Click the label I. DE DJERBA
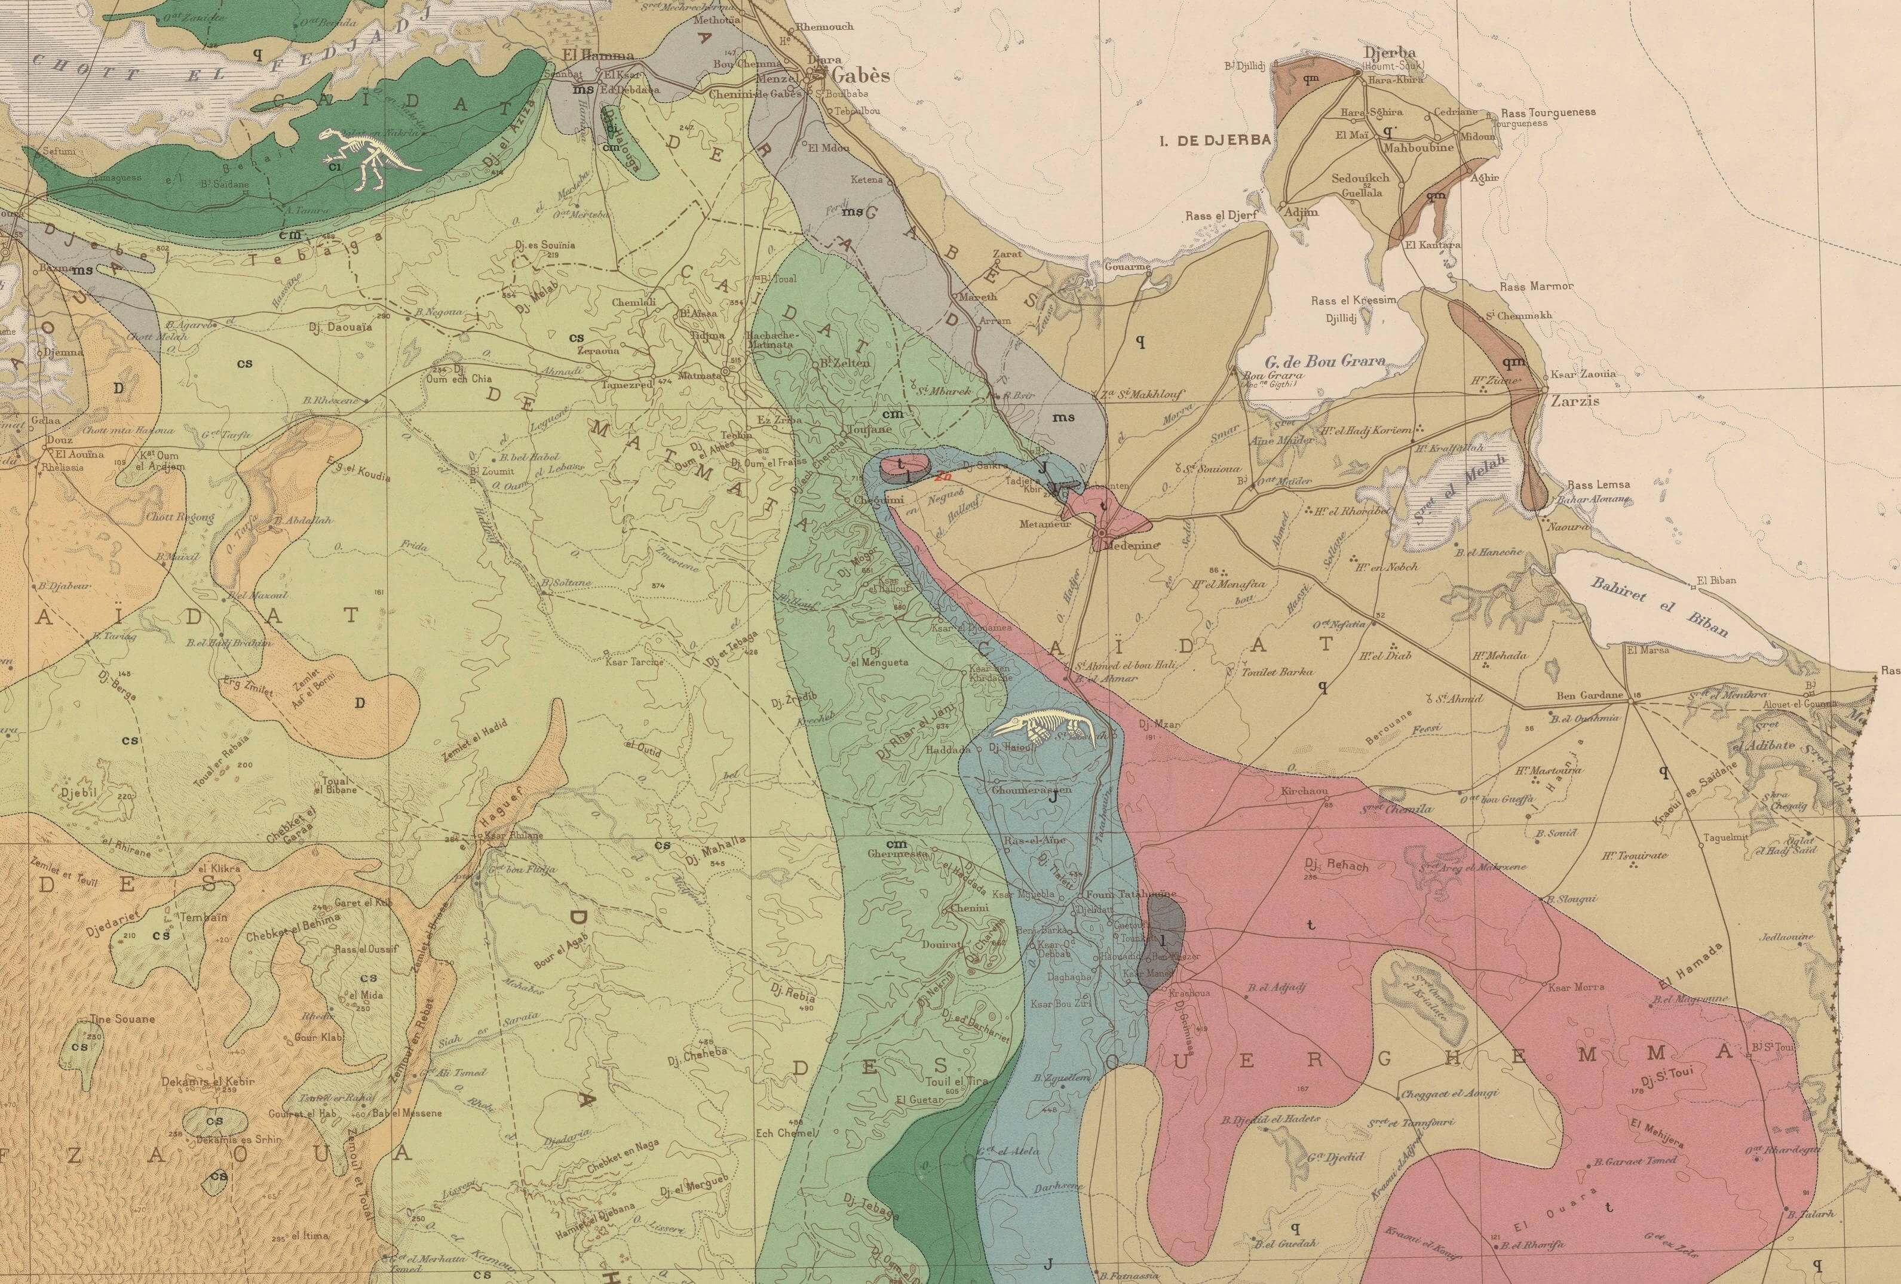pyautogui.click(x=1215, y=140)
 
